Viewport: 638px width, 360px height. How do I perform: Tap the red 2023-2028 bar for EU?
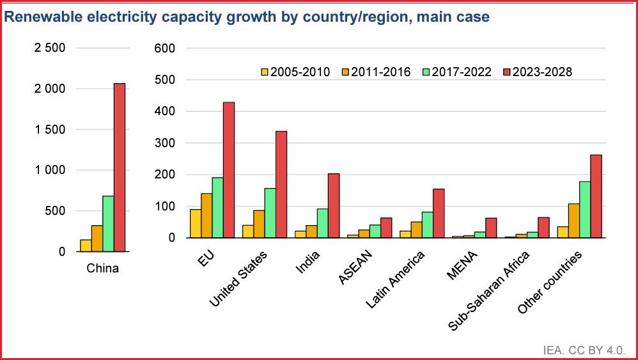(x=229, y=170)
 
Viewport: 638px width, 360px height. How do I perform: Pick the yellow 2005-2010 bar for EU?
(x=196, y=224)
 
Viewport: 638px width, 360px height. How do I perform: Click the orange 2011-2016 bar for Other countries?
(x=573, y=221)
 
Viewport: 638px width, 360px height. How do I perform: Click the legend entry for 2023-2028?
(x=537, y=72)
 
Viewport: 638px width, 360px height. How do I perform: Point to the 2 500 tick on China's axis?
(x=49, y=48)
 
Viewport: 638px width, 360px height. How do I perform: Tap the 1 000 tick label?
(x=49, y=170)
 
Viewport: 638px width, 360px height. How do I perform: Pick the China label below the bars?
(x=102, y=269)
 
